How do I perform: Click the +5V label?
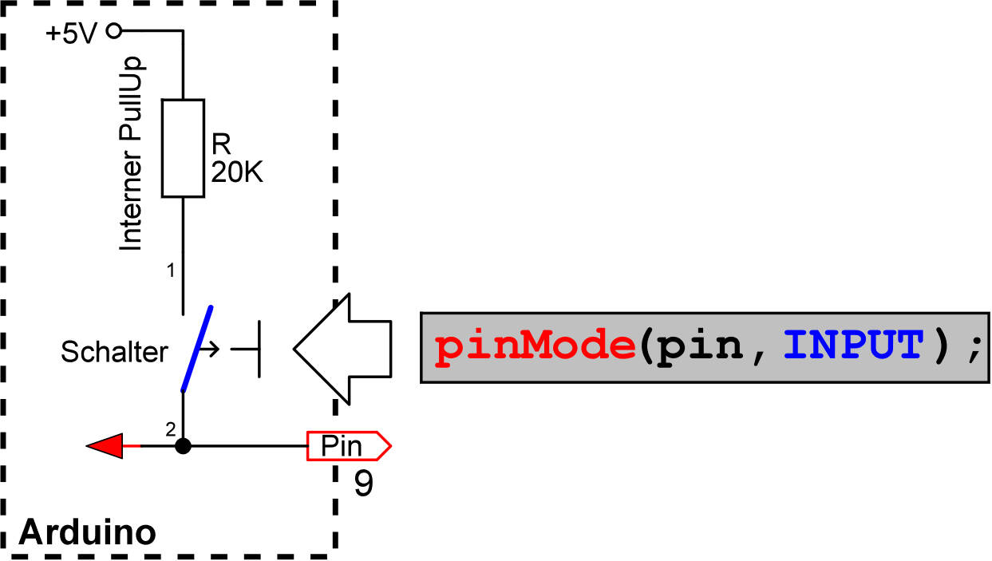coord(73,34)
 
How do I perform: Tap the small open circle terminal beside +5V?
coord(113,31)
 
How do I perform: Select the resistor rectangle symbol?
coord(183,148)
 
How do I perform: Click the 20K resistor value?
coord(237,172)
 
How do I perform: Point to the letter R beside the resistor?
coord(220,144)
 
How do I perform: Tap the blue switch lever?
coord(197,349)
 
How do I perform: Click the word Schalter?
coord(115,351)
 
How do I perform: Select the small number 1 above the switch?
coord(170,271)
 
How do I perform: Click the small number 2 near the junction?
coord(170,430)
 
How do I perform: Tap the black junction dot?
coord(183,446)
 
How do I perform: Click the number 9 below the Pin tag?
coord(363,484)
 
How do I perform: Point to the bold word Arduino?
coord(86,531)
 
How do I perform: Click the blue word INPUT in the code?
coord(852,347)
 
